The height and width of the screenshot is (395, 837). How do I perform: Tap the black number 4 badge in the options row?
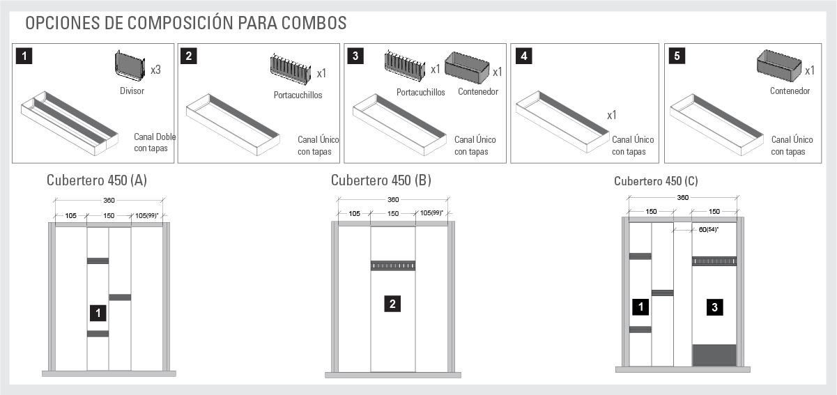click(523, 56)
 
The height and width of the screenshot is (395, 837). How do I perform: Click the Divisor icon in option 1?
click(130, 67)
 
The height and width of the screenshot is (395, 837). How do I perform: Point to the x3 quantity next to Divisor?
click(156, 70)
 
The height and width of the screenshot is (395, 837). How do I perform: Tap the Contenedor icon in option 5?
click(778, 67)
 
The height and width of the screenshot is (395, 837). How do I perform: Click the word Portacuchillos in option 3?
click(420, 92)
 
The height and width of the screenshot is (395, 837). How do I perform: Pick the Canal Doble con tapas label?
click(154, 143)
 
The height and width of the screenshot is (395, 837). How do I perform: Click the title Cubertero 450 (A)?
click(97, 180)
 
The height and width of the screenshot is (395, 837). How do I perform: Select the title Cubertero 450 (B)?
click(381, 180)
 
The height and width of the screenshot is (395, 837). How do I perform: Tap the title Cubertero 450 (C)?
click(656, 181)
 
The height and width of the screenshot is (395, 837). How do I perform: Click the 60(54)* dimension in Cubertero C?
click(707, 229)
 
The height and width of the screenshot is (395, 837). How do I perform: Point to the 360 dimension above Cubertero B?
click(393, 200)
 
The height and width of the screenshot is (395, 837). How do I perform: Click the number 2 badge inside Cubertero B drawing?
click(392, 304)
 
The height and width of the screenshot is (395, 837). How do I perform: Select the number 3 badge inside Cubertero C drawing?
click(714, 307)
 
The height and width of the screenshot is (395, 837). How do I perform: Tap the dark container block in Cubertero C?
click(714, 355)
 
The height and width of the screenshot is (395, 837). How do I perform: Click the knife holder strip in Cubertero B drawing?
click(392, 265)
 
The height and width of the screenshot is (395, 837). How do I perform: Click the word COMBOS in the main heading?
click(314, 22)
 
